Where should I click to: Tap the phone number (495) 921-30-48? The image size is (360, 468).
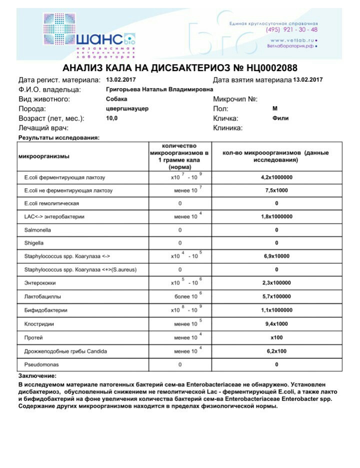(292, 30)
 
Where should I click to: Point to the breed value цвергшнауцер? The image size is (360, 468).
(127, 109)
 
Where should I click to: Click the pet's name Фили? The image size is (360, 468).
(280, 119)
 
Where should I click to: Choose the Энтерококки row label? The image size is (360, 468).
(41, 283)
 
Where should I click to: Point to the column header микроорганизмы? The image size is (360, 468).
(43, 156)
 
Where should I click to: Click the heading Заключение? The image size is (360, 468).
(37, 375)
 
